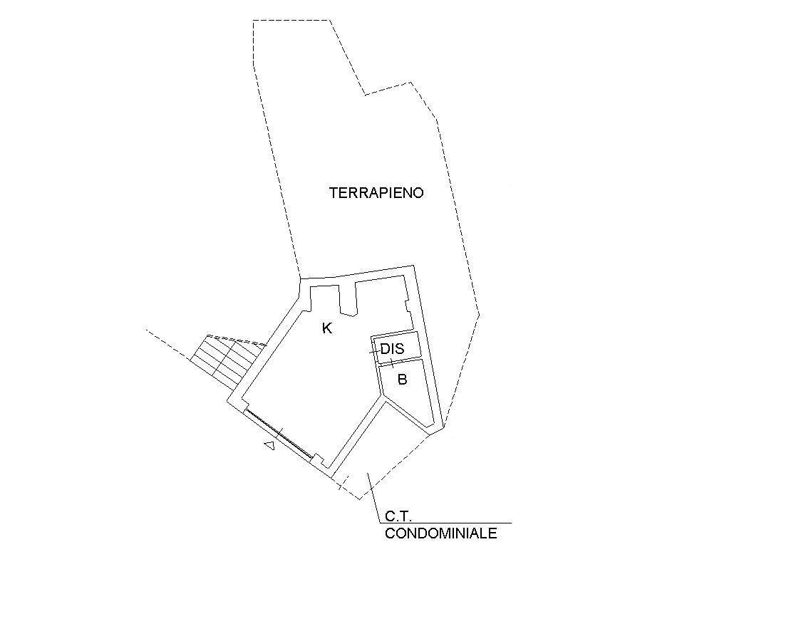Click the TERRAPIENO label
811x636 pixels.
coord(376,193)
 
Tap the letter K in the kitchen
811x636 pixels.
coord(327,328)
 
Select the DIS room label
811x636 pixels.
coord(392,349)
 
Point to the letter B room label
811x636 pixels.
coord(402,380)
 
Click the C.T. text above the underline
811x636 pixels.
coord(398,516)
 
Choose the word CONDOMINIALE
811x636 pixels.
coord(440,533)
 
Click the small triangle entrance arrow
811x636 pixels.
coord(269,444)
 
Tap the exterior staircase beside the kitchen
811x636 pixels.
coord(227,360)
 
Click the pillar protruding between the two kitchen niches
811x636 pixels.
coord(348,299)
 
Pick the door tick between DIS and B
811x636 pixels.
coord(391,361)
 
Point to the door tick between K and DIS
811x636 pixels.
coord(374,352)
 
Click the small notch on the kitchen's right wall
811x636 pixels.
coord(408,308)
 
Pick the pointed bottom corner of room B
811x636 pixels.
coord(429,427)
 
